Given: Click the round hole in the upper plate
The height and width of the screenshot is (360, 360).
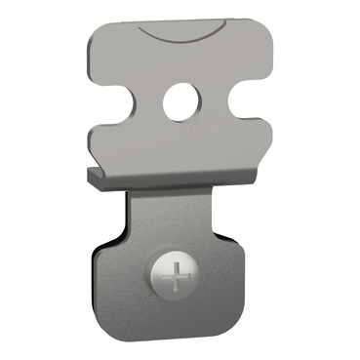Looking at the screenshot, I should pyautogui.click(x=180, y=102).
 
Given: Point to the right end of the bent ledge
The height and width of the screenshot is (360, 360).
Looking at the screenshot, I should pyautogui.click(x=256, y=175).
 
